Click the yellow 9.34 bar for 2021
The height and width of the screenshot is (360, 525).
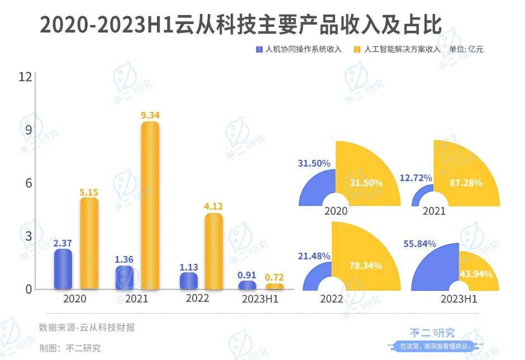150,206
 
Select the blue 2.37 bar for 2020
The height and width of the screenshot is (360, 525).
63,269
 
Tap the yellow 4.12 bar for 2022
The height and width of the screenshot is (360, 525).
213,252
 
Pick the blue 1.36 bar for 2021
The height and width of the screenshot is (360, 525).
125,278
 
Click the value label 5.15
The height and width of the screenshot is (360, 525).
89,192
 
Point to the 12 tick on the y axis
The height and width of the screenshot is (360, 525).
25,77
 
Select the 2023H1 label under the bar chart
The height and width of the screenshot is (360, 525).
260,299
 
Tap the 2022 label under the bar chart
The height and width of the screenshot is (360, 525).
197,299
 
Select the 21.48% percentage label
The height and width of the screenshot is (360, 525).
313,255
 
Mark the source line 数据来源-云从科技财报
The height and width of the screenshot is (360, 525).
87,328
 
